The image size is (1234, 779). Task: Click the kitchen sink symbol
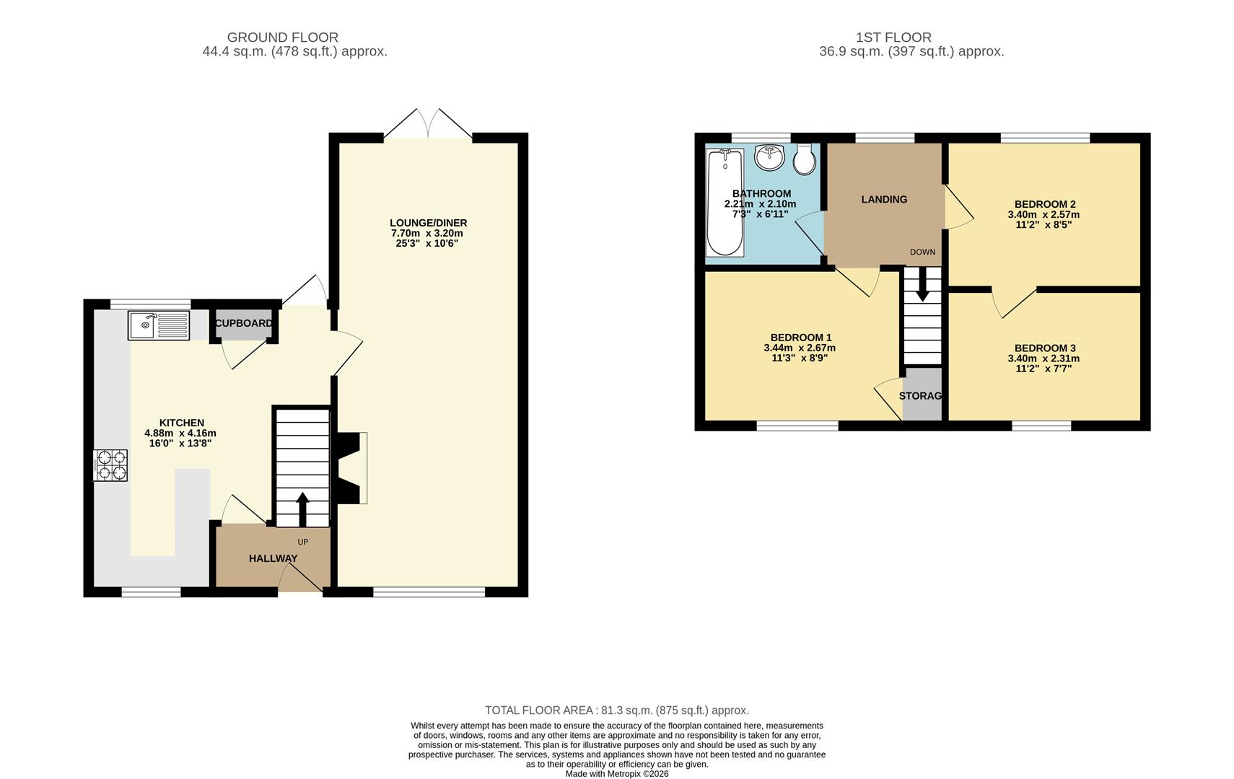[x=159, y=325]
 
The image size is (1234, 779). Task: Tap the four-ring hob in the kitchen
[x=110, y=465]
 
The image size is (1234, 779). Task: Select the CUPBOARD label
[x=244, y=323]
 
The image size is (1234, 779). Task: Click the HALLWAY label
[x=273, y=558]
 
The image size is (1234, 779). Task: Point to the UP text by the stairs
[x=302, y=542]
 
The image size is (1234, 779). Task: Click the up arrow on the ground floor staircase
[x=302, y=509]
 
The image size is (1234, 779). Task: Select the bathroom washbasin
[x=770, y=157]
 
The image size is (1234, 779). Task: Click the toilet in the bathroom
[x=805, y=159]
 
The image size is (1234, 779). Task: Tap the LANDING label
[x=884, y=199]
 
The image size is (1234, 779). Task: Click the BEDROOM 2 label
[x=1044, y=204]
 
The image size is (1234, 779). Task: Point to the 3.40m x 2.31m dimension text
[x=1043, y=358]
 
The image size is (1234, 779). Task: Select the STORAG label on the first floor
[x=921, y=396]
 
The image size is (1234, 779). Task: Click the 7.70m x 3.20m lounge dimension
[x=426, y=233]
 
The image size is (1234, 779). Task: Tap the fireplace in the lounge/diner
[x=352, y=467]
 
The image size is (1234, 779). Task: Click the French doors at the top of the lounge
[x=428, y=124]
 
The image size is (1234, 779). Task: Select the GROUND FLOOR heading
[x=282, y=38]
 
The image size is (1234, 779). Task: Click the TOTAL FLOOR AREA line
[x=616, y=710]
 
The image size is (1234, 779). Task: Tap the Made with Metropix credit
[x=616, y=774]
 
